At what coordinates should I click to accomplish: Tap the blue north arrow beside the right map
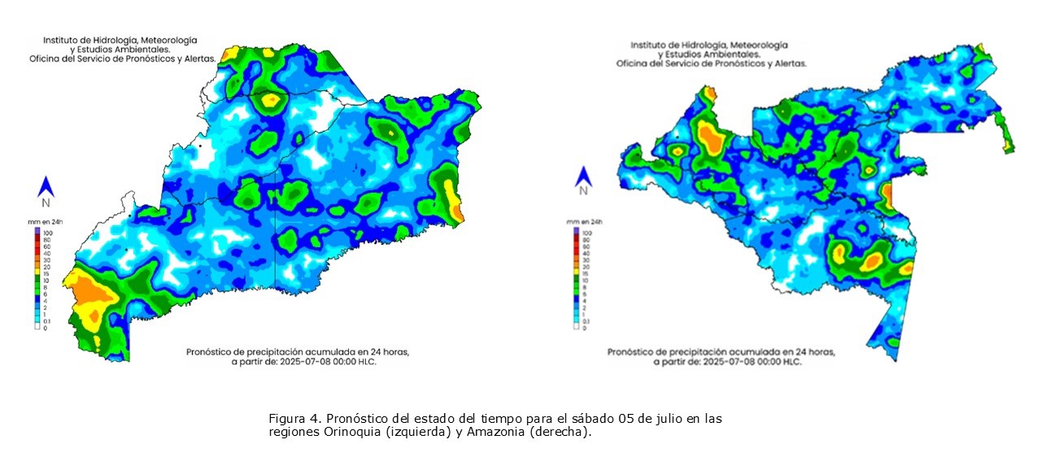582,176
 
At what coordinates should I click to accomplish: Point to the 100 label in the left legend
46,233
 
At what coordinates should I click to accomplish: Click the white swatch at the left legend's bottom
37,328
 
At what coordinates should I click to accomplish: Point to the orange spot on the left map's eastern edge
458,211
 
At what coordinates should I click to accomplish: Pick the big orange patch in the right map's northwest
712,138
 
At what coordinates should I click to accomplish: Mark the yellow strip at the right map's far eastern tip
1008,143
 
